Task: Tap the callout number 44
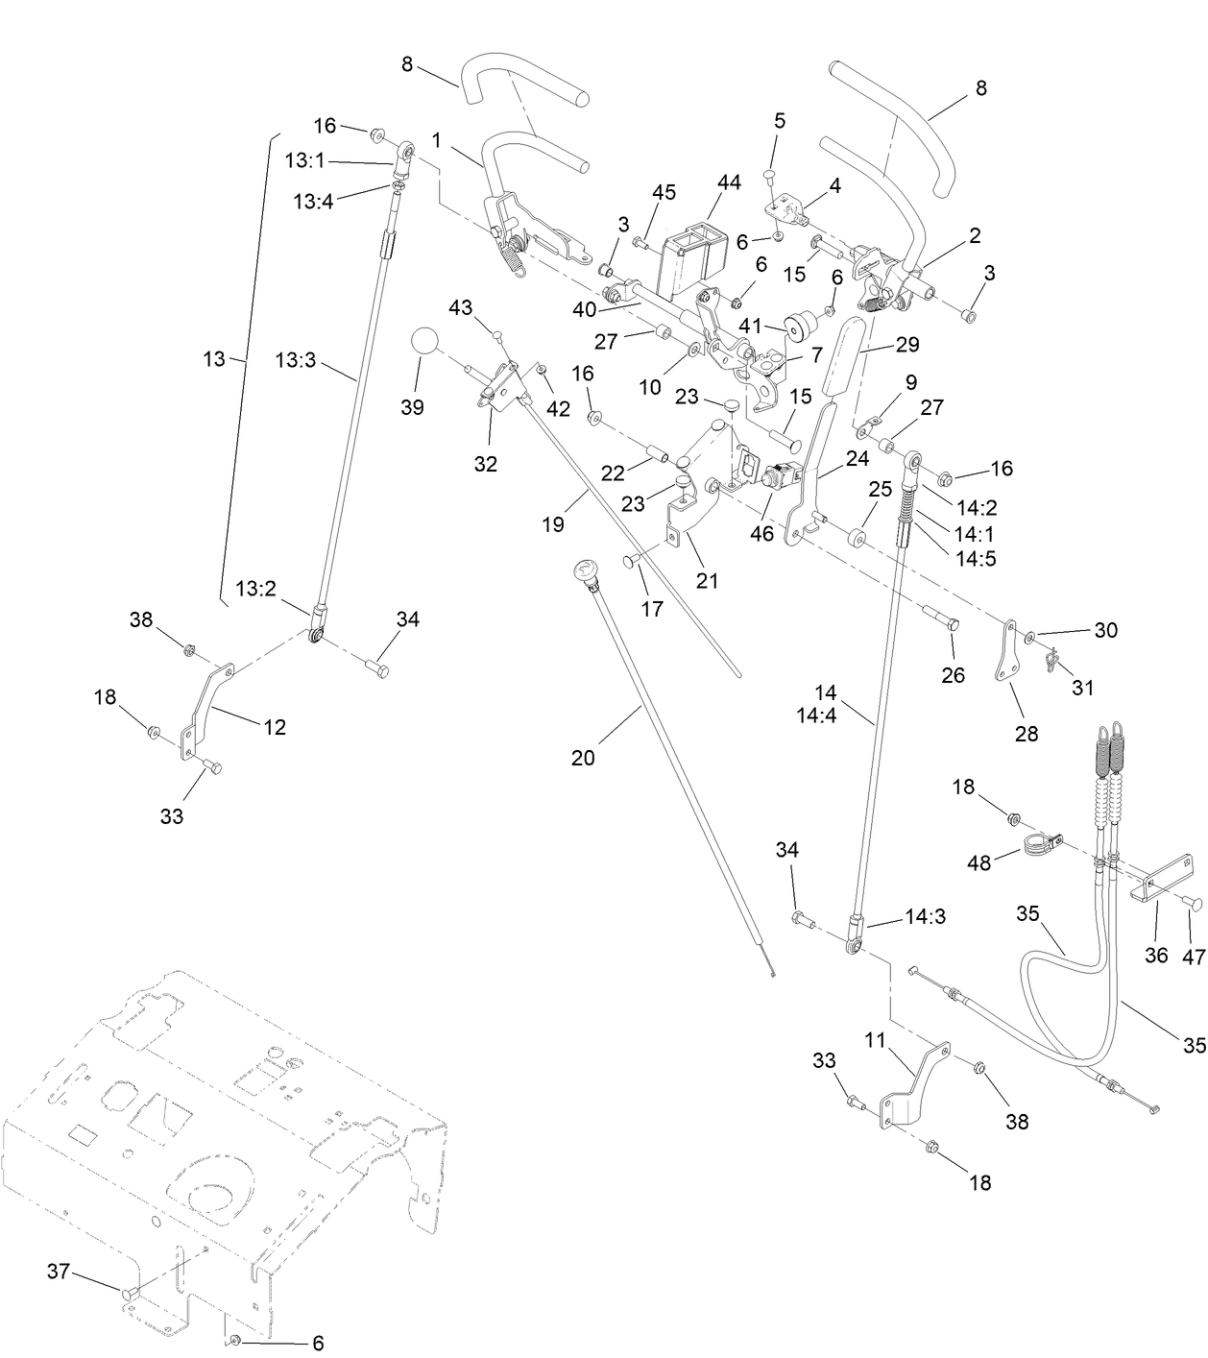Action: (729, 182)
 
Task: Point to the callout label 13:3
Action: (295, 359)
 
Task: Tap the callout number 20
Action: (583, 758)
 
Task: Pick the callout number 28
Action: (1027, 734)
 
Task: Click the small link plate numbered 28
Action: (1006, 652)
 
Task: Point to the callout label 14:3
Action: (925, 917)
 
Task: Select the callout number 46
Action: (761, 533)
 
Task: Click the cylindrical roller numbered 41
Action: (794, 328)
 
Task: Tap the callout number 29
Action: (907, 345)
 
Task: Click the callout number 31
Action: (1082, 688)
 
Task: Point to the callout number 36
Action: (1156, 955)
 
